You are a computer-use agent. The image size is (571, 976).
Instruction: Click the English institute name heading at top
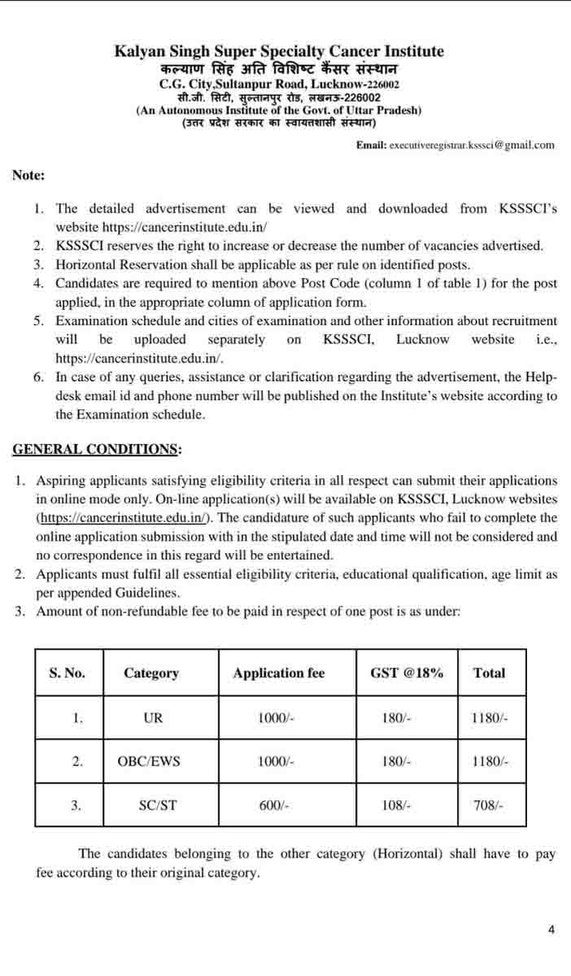279,52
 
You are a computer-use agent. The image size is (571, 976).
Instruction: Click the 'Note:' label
28,175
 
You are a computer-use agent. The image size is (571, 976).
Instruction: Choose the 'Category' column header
151,673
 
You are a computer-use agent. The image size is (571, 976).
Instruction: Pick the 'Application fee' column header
278,673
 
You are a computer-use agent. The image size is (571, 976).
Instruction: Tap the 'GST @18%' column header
407,673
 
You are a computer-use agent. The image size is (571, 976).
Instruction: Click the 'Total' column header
489,673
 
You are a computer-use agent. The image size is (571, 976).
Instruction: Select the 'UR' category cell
152,718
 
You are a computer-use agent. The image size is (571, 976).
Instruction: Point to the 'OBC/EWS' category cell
150,762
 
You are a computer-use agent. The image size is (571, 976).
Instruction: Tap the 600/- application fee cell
274,806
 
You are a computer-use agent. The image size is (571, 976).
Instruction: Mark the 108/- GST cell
396,806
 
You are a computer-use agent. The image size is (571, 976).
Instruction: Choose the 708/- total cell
489,806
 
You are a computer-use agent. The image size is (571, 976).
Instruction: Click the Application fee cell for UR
275,718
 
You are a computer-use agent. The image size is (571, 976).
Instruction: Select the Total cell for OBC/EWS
490,762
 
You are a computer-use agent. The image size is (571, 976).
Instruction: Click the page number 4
551,930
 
